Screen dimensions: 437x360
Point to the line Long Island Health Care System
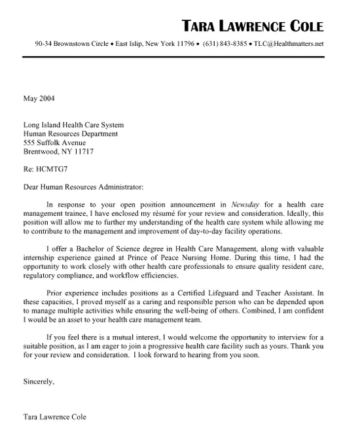pyautogui.click(x=73, y=124)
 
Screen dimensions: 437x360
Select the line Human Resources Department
pyautogui.click(x=71, y=133)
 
